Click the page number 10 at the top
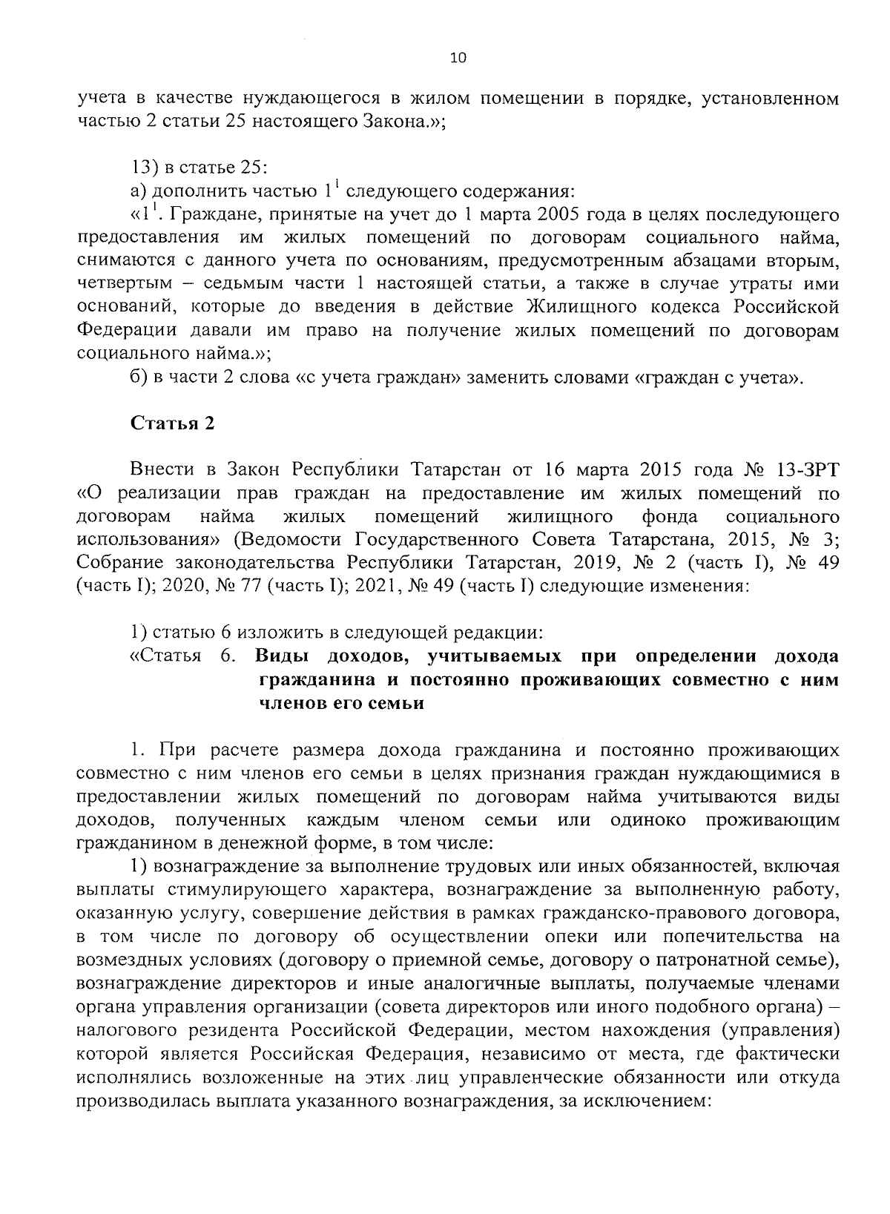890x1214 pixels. click(x=458, y=59)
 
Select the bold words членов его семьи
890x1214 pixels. click(x=341, y=704)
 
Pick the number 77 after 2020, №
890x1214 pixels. click(x=249, y=587)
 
